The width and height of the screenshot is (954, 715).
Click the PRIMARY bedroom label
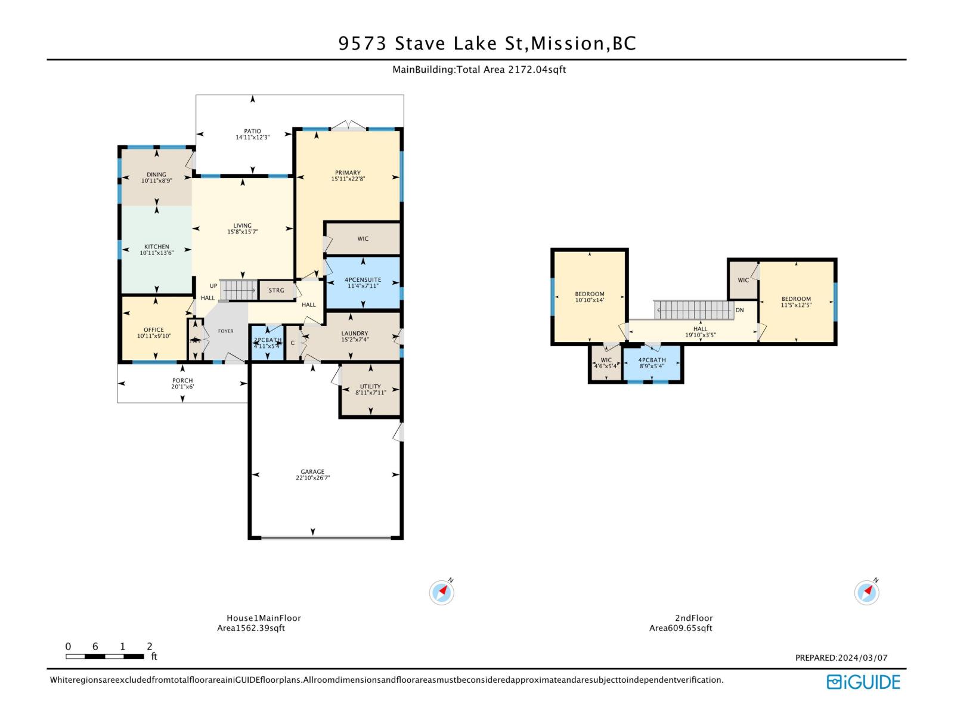(x=348, y=173)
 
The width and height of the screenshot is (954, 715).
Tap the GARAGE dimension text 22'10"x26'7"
(x=312, y=478)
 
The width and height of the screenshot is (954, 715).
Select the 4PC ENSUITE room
(x=363, y=282)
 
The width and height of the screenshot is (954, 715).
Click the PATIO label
(x=252, y=131)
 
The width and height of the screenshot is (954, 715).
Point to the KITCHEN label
(x=156, y=247)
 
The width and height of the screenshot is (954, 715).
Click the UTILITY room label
(x=370, y=387)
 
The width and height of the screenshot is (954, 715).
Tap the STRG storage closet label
(x=276, y=291)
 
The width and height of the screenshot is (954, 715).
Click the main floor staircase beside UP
(x=238, y=290)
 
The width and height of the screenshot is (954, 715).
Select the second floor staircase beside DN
(x=694, y=310)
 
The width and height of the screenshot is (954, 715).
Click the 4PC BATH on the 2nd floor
(x=652, y=363)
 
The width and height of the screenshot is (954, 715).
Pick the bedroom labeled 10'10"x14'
(x=589, y=297)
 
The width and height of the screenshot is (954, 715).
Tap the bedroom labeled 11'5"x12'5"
(x=796, y=302)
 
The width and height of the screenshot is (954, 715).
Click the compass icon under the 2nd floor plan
(x=866, y=592)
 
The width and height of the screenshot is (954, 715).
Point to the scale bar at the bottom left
(x=105, y=656)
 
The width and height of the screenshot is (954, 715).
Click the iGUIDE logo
(x=863, y=682)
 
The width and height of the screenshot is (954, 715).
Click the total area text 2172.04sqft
(x=537, y=70)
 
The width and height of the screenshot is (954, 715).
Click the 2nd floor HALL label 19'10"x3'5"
(x=700, y=332)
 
